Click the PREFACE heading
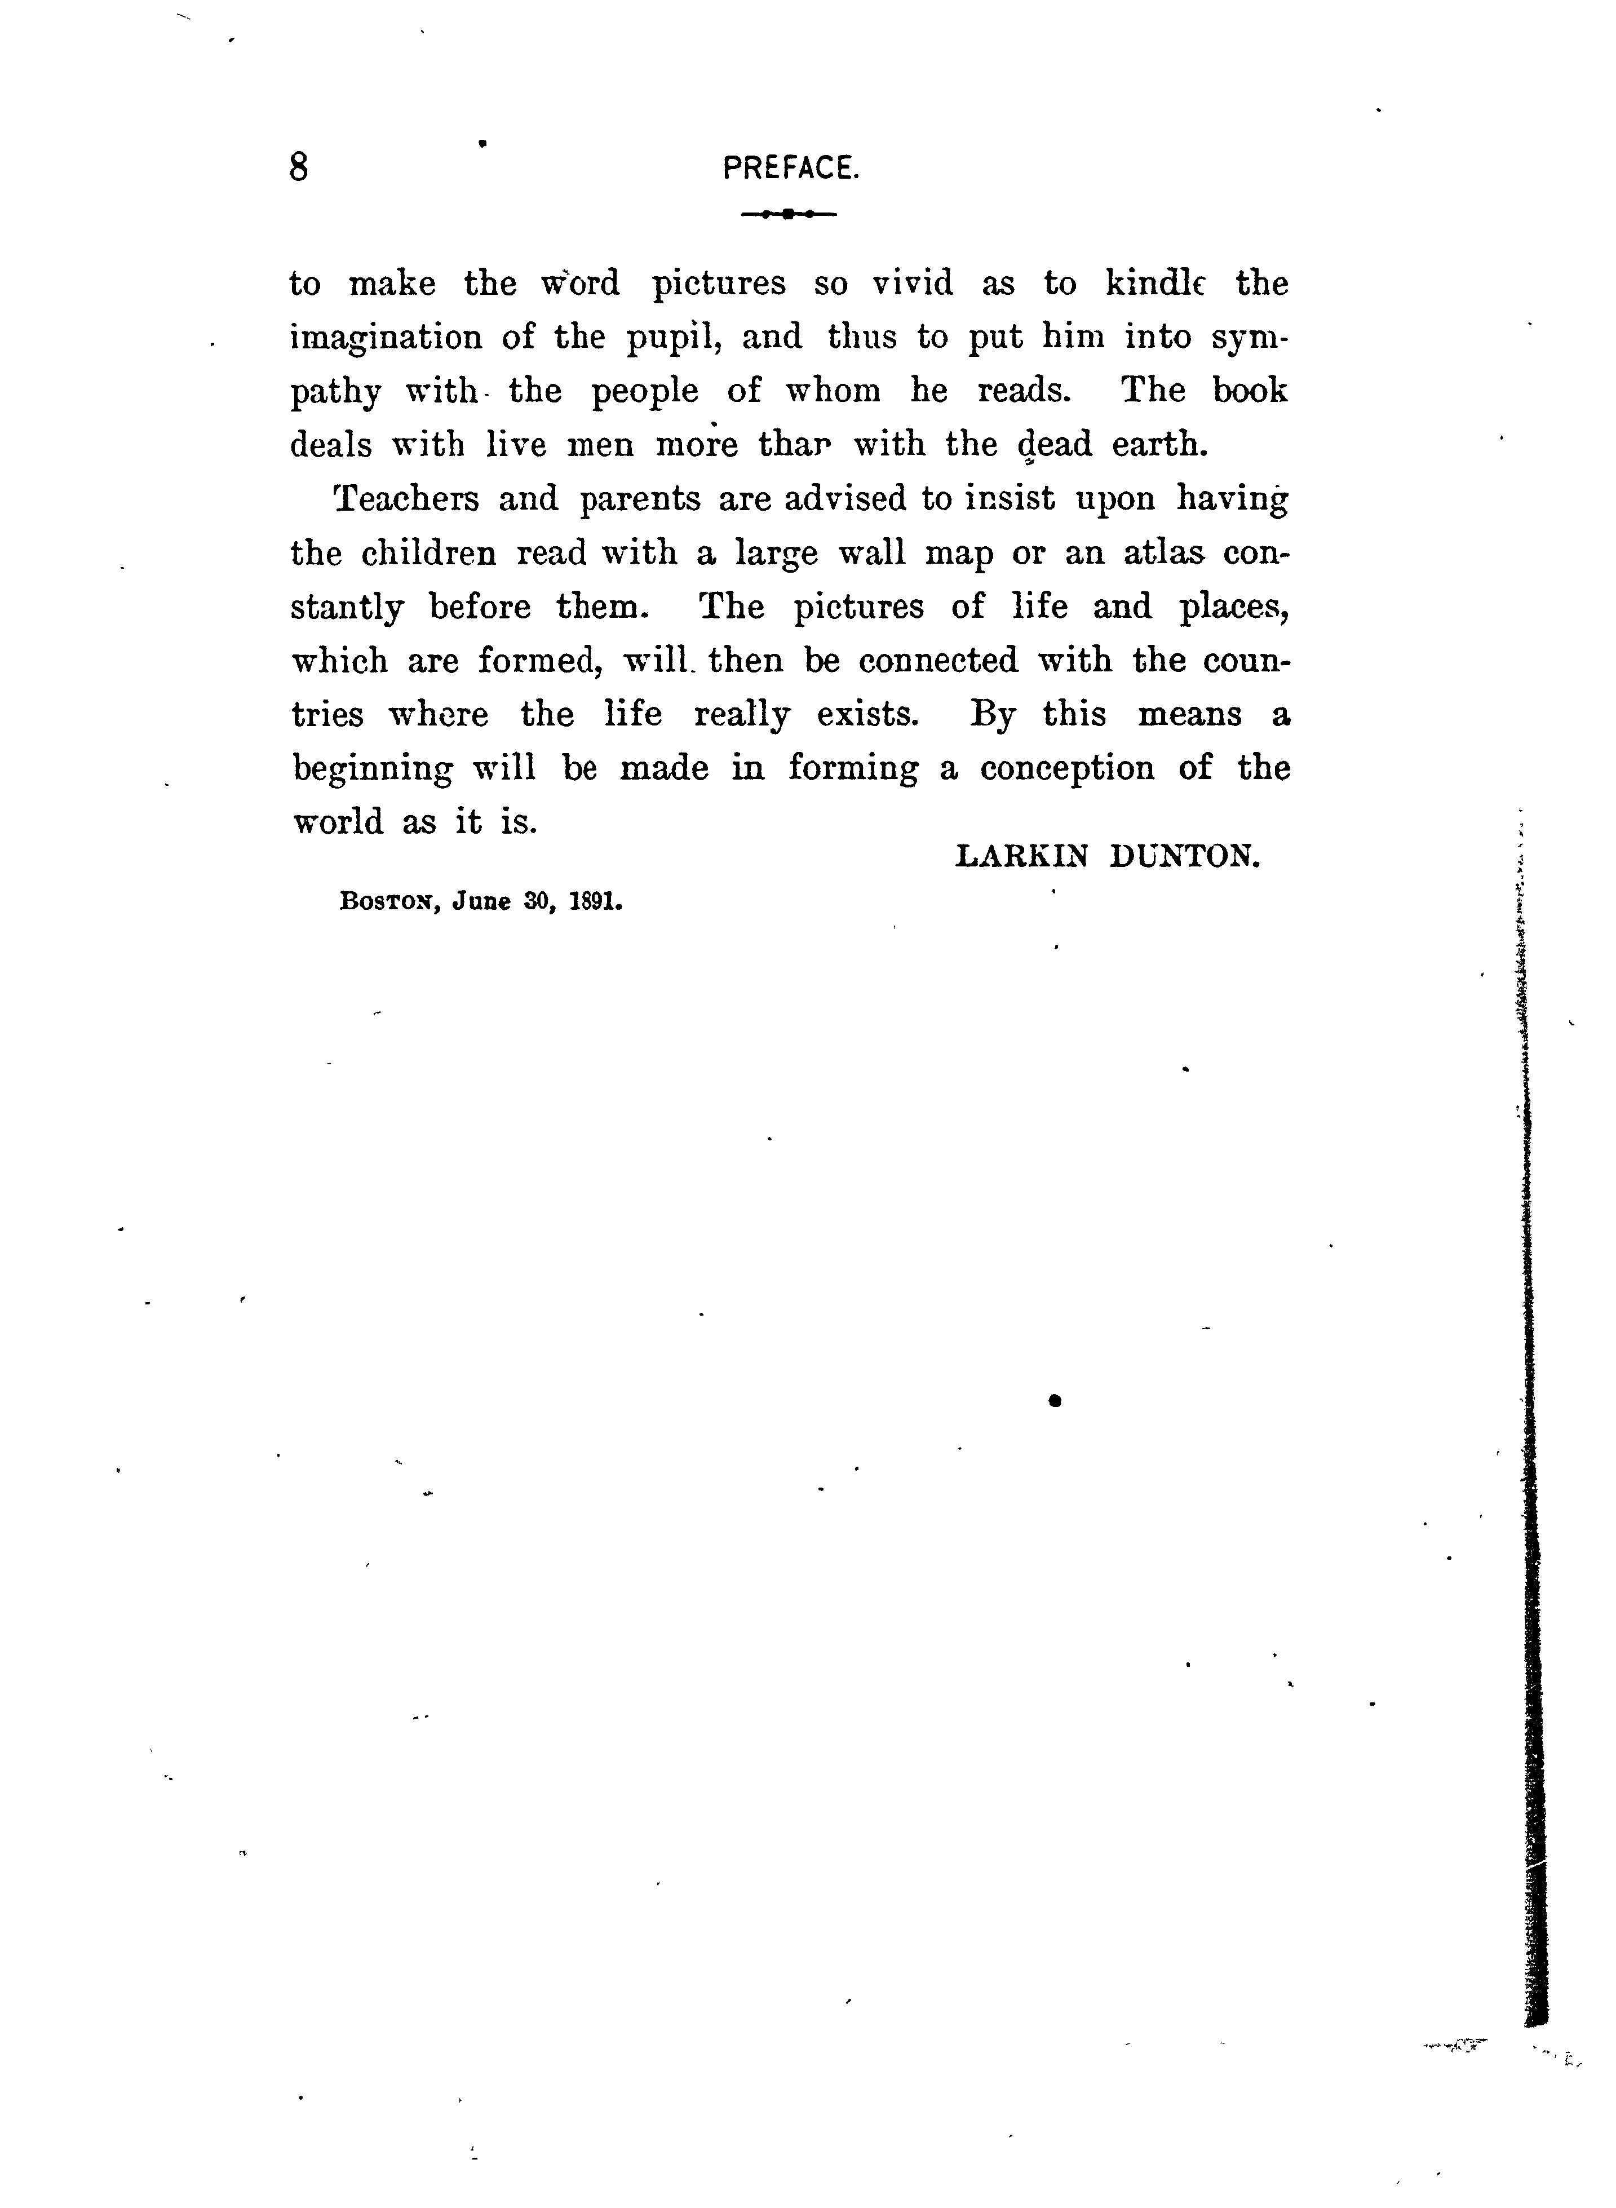pyautogui.click(x=790, y=169)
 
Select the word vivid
pyautogui.click(x=911, y=284)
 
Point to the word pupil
pyautogui.click(x=674, y=338)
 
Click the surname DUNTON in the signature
pyautogui.click(x=1185, y=856)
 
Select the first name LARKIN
pyautogui.click(x=1020, y=856)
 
